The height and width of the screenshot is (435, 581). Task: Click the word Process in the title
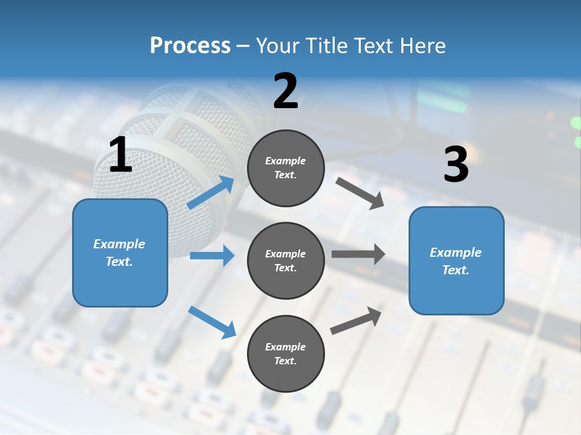[x=190, y=46]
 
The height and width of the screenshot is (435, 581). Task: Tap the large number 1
[x=120, y=155]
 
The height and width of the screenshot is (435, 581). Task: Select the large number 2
[x=286, y=91]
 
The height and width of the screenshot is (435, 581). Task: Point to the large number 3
[x=456, y=165]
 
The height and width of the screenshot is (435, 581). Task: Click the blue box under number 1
[x=120, y=253]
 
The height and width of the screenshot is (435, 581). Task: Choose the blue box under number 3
[x=456, y=261]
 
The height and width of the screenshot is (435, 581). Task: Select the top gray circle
[x=286, y=168]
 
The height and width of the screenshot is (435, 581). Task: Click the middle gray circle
[x=286, y=260]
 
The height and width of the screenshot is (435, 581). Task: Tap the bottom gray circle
[x=286, y=353]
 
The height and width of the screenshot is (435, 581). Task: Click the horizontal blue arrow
[x=212, y=256]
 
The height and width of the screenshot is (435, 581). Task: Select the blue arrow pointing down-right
[x=212, y=322]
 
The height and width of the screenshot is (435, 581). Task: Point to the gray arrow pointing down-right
[x=360, y=193]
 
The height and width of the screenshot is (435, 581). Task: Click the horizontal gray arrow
[x=358, y=254]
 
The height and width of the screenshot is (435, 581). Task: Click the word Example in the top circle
[x=286, y=161]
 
